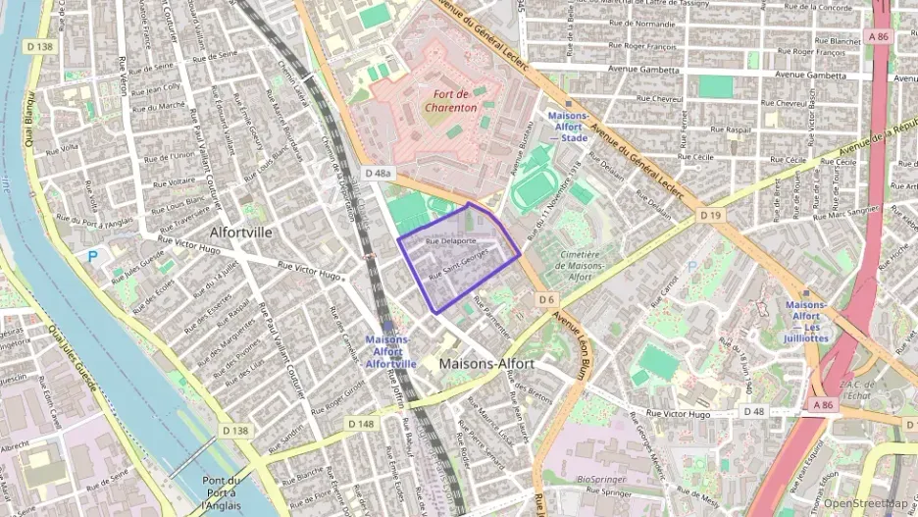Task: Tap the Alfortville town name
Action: [241, 233]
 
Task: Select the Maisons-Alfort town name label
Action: [487, 363]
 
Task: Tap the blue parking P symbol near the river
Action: [93, 256]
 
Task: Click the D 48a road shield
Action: [377, 174]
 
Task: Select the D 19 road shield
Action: [710, 214]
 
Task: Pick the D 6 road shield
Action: [546, 299]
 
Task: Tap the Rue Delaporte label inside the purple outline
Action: [451, 239]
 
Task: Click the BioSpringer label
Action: [600, 480]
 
